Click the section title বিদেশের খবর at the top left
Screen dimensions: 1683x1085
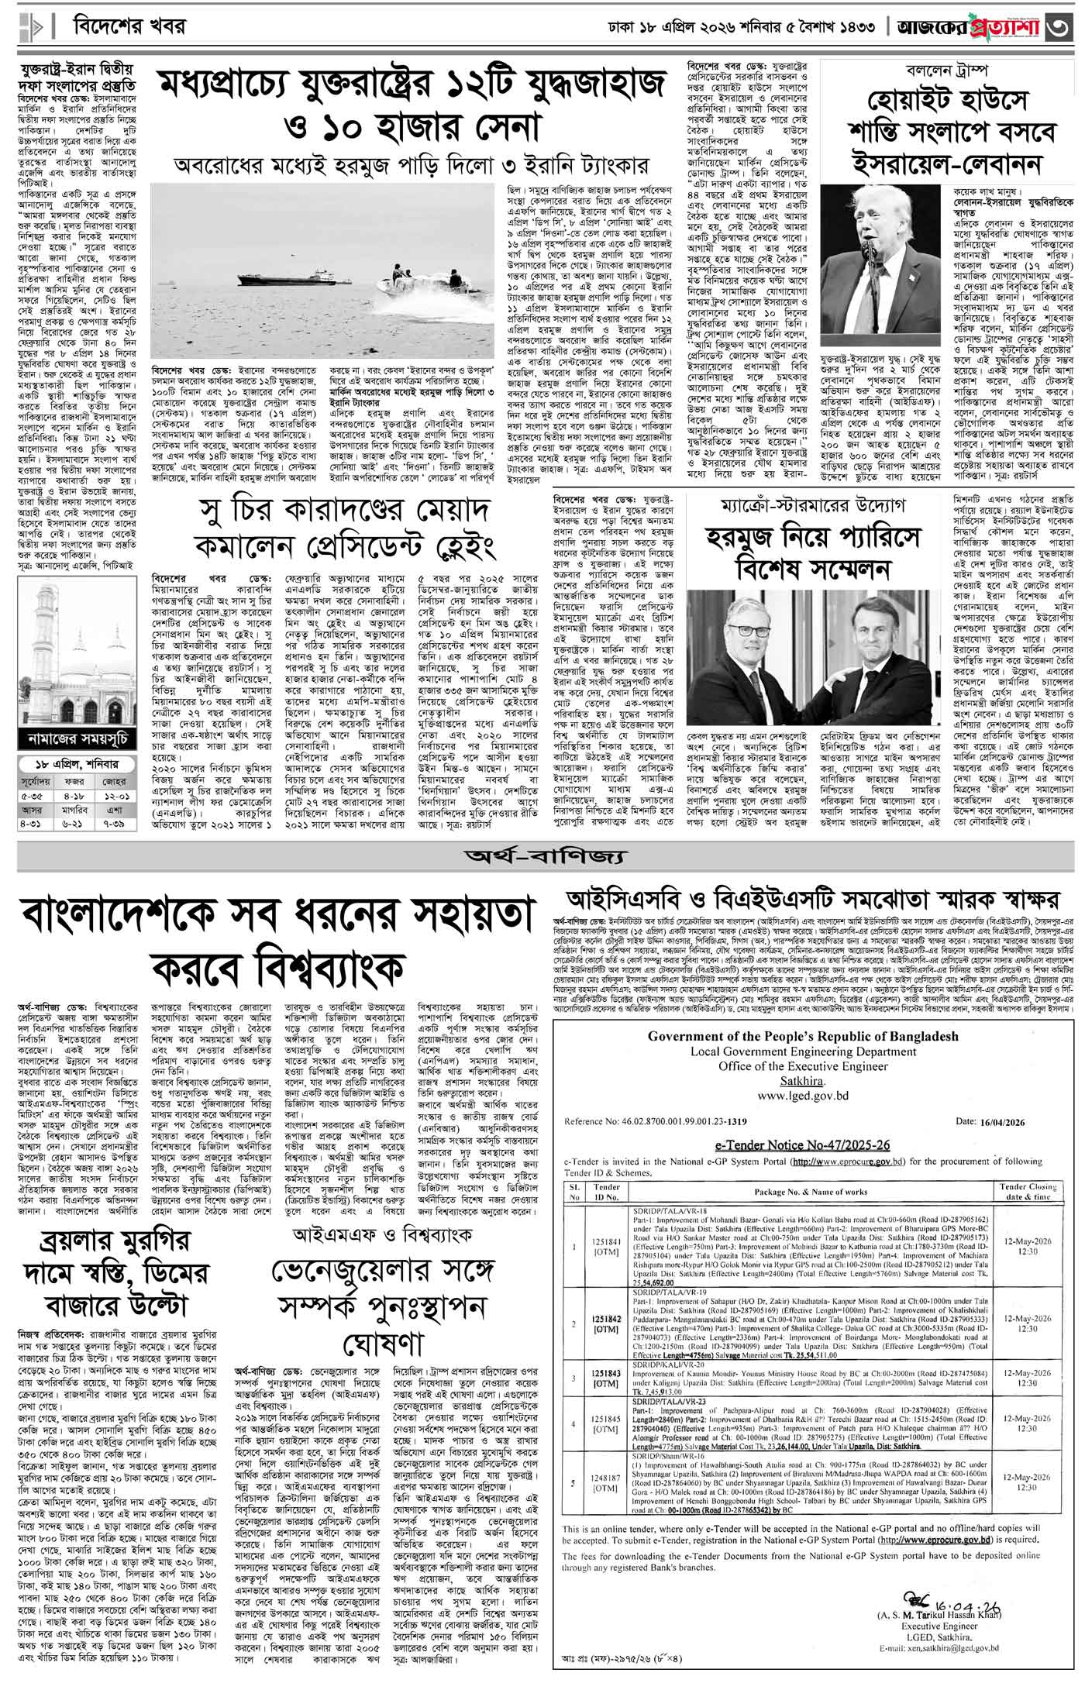pyautogui.click(x=129, y=26)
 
